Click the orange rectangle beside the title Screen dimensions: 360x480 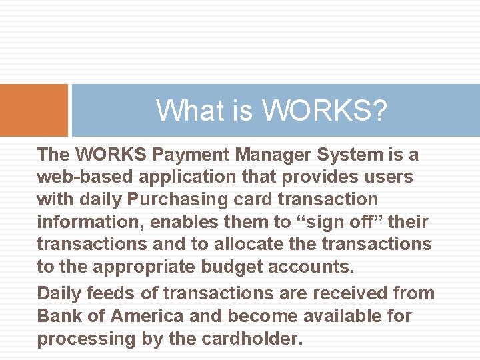pos(33,110)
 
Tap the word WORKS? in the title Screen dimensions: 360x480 pos(325,111)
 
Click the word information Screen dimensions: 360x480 pos(89,223)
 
